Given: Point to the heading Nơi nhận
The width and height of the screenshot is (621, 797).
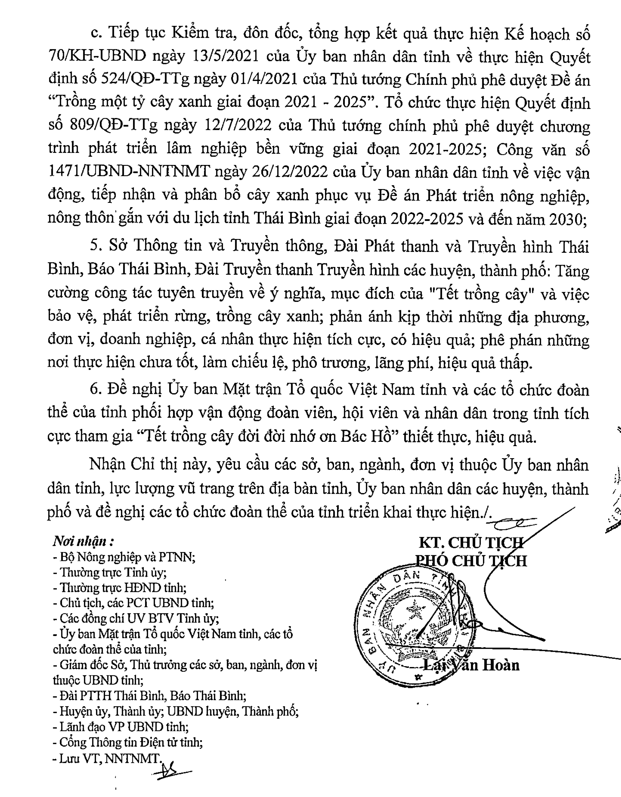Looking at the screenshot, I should (x=80, y=541).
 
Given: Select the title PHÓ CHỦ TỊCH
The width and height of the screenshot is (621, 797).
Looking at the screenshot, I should (x=471, y=561).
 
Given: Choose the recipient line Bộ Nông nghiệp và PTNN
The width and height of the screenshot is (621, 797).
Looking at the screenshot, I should (x=124, y=557).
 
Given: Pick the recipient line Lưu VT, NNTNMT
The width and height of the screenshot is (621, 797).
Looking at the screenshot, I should (x=107, y=758).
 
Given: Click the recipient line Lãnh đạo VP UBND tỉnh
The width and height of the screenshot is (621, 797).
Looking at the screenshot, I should (x=121, y=727).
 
